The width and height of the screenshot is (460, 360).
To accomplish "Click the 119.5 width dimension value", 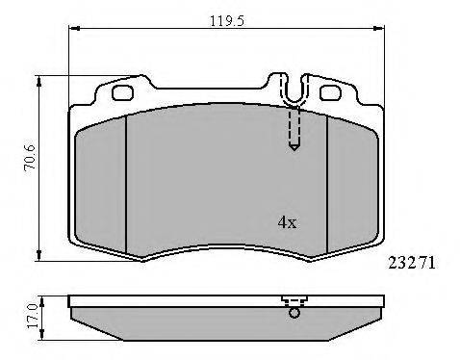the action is coord(227,21).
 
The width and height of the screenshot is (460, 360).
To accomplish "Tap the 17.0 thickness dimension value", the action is coord(33,316).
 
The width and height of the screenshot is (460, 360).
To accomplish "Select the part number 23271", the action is coord(412,263).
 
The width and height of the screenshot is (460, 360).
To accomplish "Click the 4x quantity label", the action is coord(287,222).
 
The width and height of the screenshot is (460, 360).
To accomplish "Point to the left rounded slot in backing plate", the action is coord(122,92).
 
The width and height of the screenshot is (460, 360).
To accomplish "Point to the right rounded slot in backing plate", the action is coord(331,92).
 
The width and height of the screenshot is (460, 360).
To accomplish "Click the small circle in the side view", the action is coord(294,313).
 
